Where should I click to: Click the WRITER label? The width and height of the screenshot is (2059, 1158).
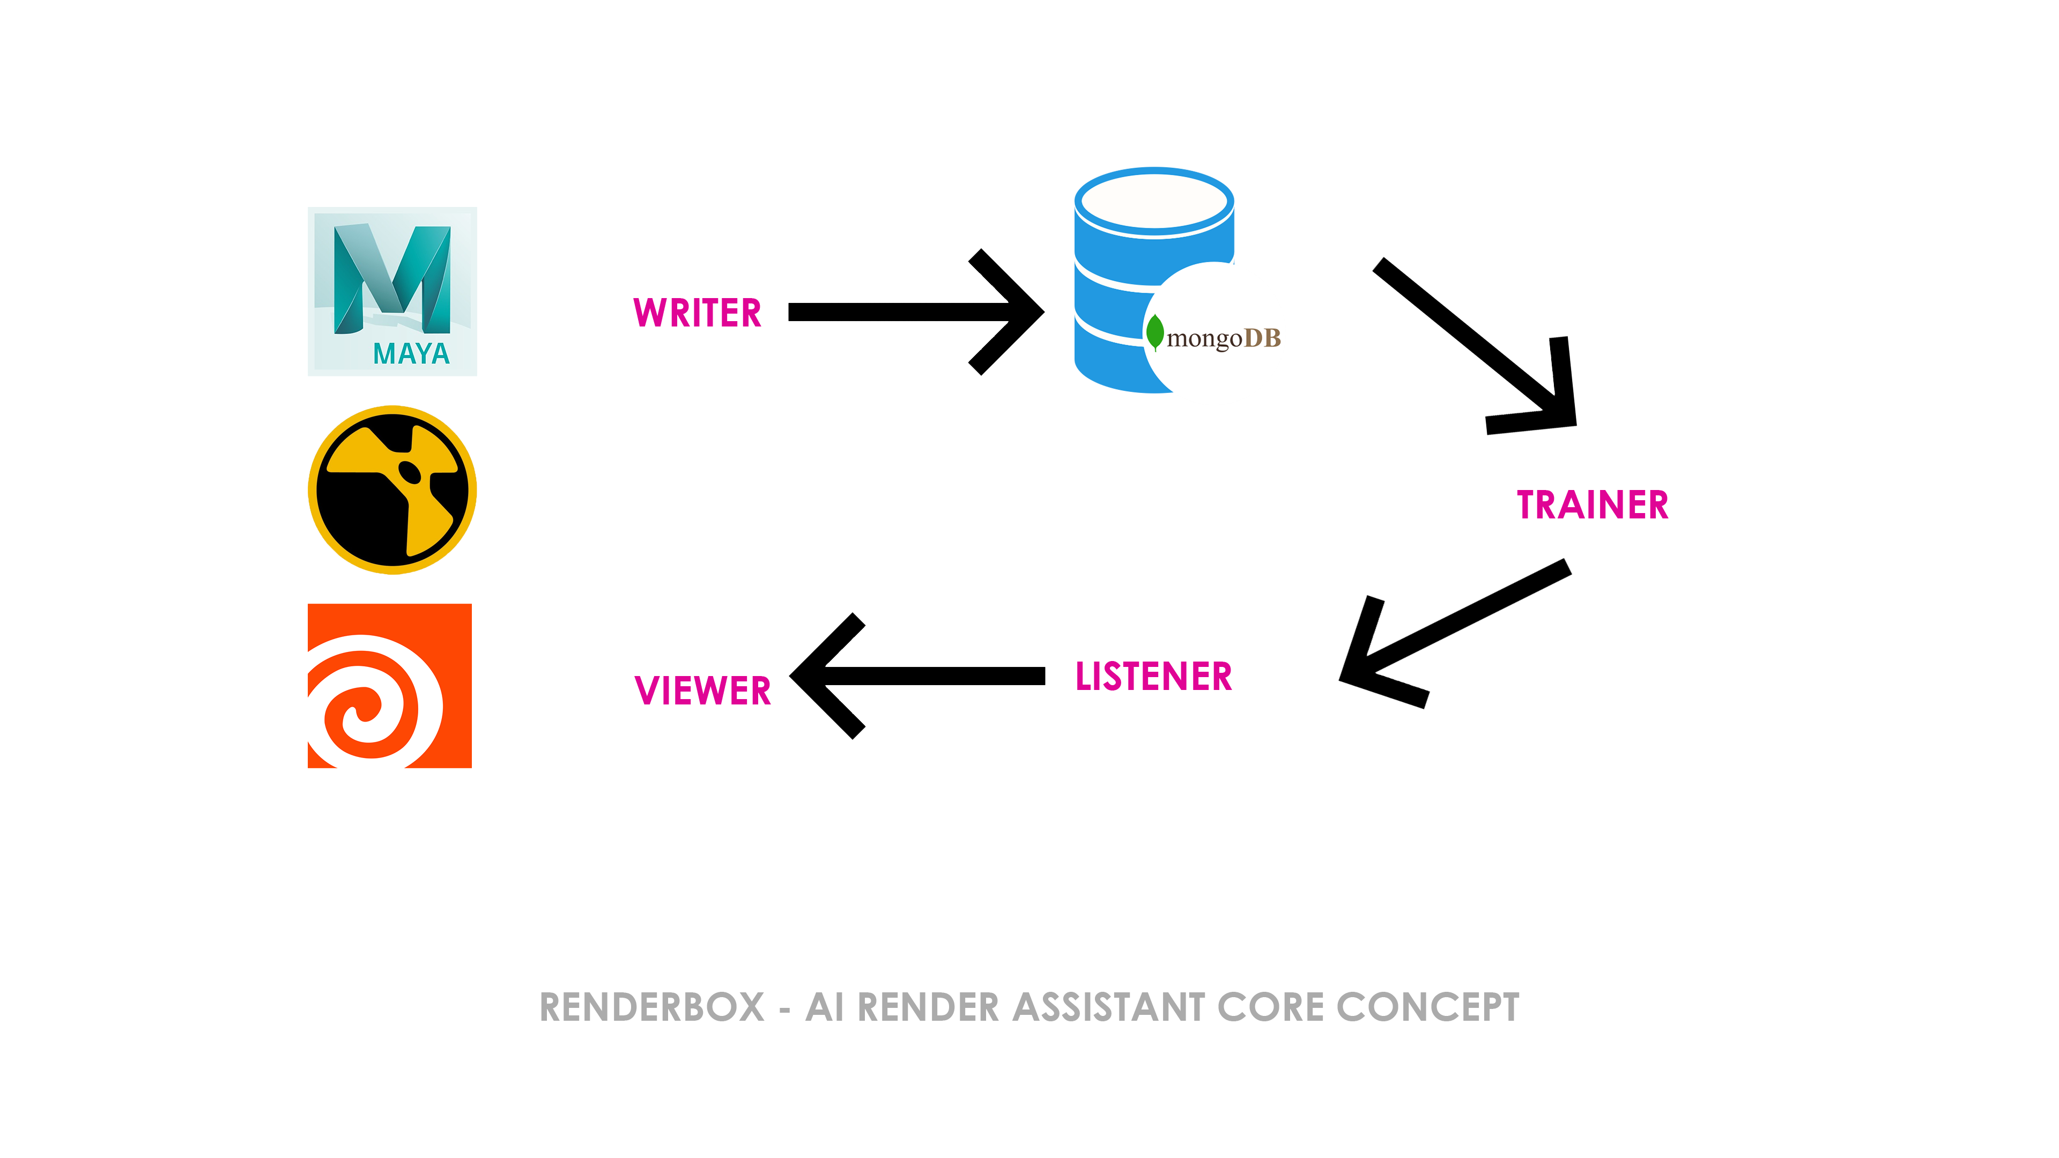(697, 313)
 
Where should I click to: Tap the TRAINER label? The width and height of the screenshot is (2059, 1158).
(1592, 505)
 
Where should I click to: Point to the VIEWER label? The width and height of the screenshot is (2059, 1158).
(702, 691)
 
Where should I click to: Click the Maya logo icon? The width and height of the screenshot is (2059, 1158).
(392, 292)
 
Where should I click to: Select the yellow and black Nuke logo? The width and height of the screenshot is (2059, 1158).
(392, 490)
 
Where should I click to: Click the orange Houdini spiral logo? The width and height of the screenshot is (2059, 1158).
(390, 686)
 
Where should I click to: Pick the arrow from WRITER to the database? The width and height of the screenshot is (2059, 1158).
(916, 311)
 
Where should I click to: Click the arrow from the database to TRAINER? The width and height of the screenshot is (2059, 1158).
(1475, 346)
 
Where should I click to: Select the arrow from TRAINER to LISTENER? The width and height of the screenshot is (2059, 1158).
(1455, 634)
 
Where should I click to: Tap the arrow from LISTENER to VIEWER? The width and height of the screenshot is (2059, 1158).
(917, 676)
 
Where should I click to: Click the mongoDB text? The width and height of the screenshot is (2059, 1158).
(1224, 338)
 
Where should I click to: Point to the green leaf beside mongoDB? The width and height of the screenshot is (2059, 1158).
(1155, 332)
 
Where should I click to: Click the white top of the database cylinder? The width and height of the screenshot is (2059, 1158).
(1154, 202)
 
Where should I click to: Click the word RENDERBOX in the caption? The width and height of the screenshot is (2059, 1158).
(652, 1007)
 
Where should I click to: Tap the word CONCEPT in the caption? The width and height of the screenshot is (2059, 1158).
(1427, 1007)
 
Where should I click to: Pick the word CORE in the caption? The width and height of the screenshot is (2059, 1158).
(1271, 1007)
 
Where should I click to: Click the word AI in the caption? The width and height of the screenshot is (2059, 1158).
(825, 1007)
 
